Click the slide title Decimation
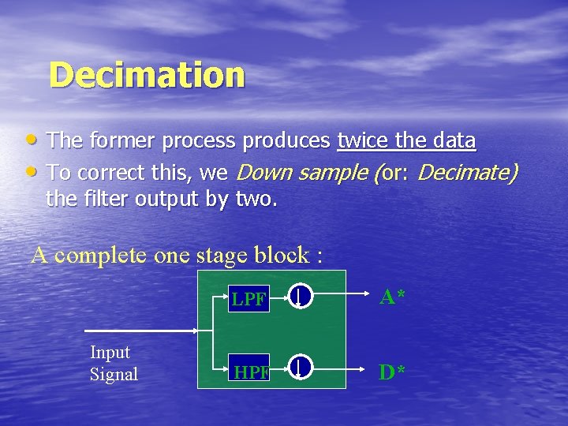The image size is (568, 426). [147, 76]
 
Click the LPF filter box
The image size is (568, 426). [248, 299]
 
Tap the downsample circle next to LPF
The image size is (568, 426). [301, 297]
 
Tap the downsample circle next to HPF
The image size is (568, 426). [301, 367]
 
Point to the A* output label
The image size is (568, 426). [392, 297]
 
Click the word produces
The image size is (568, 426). [286, 142]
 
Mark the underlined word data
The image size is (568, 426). [454, 141]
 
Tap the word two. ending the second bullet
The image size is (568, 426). [256, 200]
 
